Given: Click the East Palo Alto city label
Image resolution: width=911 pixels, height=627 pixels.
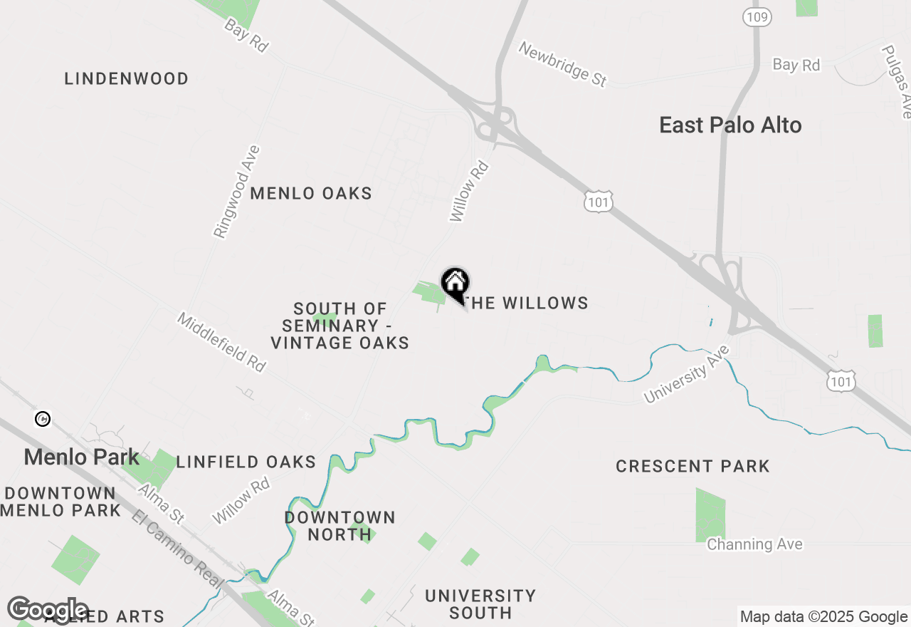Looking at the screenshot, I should (x=730, y=125).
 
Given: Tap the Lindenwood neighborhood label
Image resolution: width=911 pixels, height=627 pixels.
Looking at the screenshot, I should (x=127, y=78).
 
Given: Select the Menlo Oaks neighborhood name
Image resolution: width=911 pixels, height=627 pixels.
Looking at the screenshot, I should (x=311, y=193).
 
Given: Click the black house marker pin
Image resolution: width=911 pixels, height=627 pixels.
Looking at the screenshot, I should (x=455, y=284).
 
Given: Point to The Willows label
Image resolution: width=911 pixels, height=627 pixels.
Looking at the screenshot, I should (x=527, y=303).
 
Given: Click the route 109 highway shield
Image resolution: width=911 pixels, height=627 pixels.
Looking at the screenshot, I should (x=757, y=16).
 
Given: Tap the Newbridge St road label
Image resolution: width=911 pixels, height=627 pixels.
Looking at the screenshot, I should (x=562, y=64).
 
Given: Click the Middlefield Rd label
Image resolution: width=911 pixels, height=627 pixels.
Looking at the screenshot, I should (x=221, y=342).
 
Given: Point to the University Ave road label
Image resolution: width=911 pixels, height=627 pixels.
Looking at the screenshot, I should (x=688, y=374).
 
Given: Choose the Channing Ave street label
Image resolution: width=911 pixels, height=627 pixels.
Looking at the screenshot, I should (x=754, y=544).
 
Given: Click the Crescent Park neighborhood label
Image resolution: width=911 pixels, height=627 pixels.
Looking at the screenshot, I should (x=693, y=466).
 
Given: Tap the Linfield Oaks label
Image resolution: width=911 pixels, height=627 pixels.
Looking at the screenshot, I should (x=246, y=462).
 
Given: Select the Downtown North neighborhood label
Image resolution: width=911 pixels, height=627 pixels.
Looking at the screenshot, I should (x=339, y=526).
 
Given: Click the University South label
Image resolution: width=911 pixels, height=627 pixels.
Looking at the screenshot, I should (x=480, y=603).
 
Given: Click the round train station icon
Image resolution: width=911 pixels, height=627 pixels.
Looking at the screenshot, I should (x=43, y=419).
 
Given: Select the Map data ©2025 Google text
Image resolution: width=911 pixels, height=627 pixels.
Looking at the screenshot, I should (x=823, y=617).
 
